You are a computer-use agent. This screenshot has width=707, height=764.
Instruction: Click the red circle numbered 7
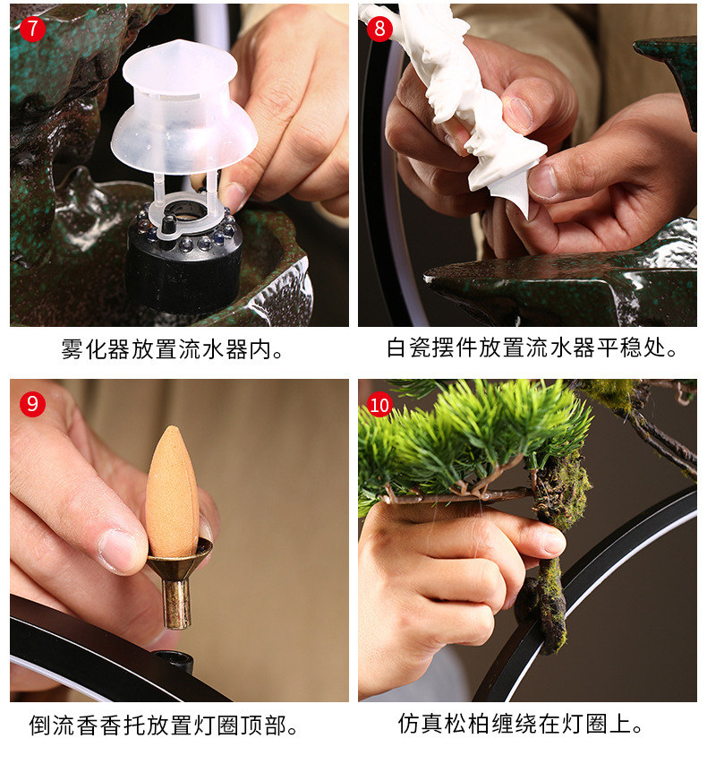(x=32, y=29)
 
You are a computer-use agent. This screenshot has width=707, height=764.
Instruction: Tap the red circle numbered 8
(x=379, y=29)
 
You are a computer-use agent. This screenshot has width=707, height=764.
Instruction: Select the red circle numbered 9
(x=32, y=404)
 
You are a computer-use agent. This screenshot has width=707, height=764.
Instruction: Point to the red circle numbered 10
(x=379, y=405)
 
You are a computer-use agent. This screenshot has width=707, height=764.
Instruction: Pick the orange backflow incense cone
(x=172, y=492)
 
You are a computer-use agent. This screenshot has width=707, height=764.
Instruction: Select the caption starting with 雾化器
(x=172, y=349)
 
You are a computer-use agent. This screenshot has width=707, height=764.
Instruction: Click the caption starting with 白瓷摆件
(x=532, y=348)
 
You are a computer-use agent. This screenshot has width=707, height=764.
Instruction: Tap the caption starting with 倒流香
(x=163, y=725)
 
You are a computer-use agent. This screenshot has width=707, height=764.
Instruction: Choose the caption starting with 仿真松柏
(x=520, y=724)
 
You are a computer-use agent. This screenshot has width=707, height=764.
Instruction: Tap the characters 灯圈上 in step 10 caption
(x=604, y=724)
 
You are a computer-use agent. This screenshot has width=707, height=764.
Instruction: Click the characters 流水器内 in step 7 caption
(x=230, y=349)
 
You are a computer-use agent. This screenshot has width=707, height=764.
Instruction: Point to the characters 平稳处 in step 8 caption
(x=637, y=348)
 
